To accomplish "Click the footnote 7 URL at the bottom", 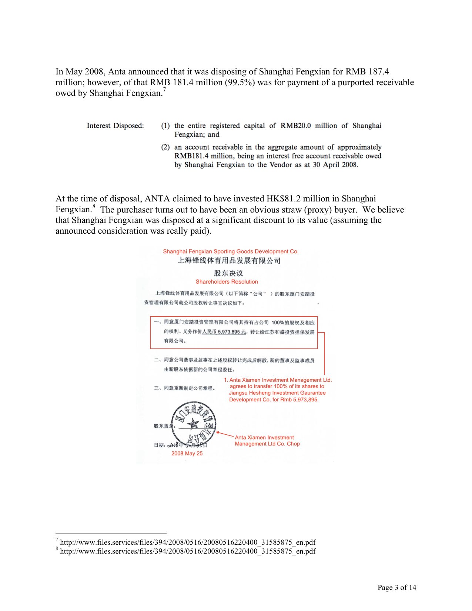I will [x=188, y=542].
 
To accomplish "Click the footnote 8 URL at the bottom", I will [x=188, y=551].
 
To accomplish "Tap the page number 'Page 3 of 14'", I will [x=396, y=587].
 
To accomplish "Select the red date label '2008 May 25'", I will [x=187, y=453].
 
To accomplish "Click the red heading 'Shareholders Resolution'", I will [x=227, y=281].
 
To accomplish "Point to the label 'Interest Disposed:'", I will [x=115, y=126].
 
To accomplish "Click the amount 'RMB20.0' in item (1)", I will [x=295, y=126].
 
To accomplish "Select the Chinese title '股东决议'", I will [x=228, y=273].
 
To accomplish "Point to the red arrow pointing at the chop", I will [x=224, y=434].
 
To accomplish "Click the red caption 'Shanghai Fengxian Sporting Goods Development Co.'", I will [x=231, y=251].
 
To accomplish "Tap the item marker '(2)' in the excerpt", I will [x=165, y=147].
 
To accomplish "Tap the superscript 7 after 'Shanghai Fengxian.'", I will [x=164, y=90].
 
